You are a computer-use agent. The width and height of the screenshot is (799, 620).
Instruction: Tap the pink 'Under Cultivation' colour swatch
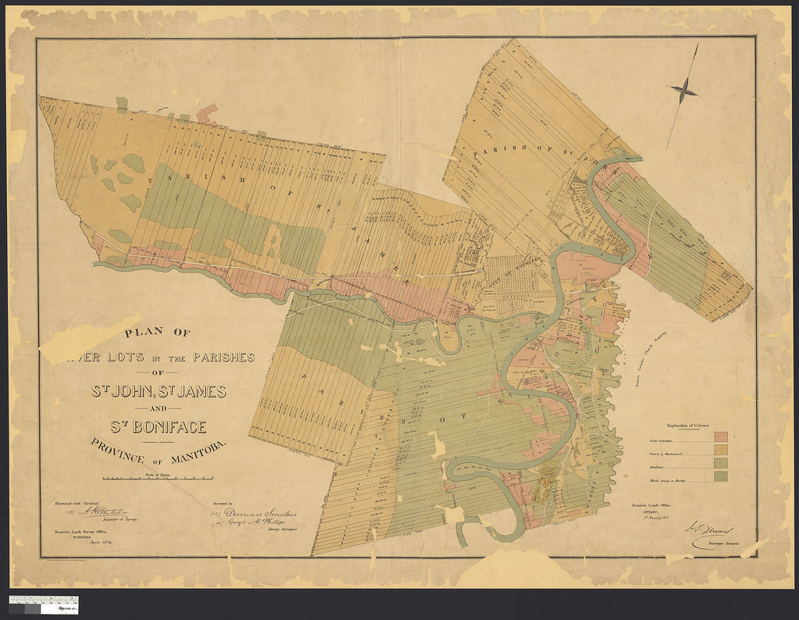(x=722, y=436)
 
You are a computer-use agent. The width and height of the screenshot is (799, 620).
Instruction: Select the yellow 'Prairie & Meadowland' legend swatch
(x=722, y=451)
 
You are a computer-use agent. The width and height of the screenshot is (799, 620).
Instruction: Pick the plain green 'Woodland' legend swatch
(x=722, y=465)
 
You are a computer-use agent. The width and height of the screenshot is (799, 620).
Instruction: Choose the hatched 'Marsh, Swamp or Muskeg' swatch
(x=722, y=479)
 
